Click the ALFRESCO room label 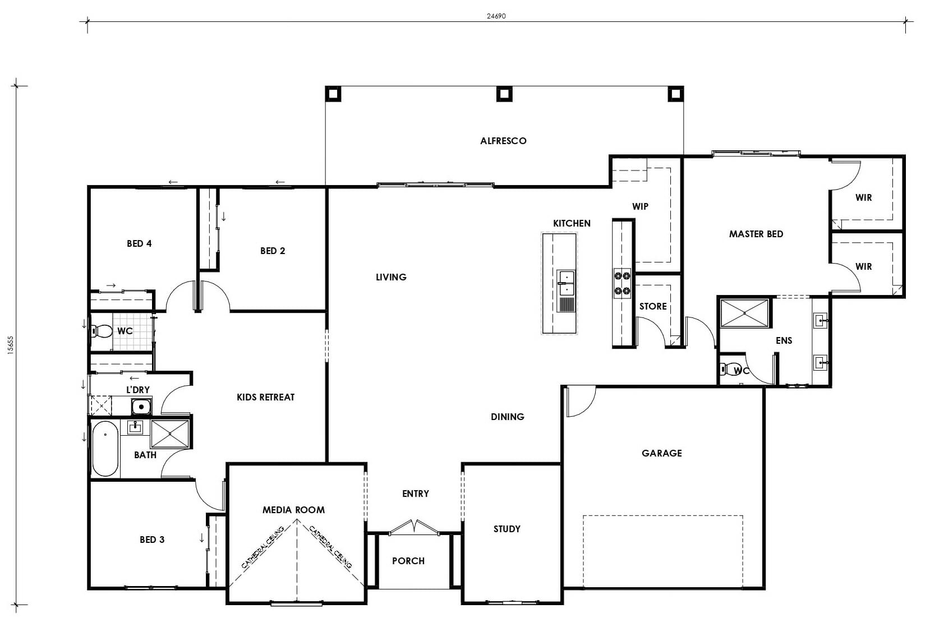[x=503, y=141]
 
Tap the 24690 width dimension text [x=496, y=16]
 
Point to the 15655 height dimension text [x=11, y=345]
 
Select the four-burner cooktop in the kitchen [x=622, y=283]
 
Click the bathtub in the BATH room [x=105, y=449]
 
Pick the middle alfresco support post [x=504, y=94]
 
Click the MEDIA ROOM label [x=293, y=510]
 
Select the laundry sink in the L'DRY [x=141, y=407]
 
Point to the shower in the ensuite [x=744, y=313]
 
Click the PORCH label [x=408, y=561]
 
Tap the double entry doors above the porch [x=414, y=527]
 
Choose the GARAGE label [x=662, y=453]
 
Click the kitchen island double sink [x=566, y=283]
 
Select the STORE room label [x=653, y=306]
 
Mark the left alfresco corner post [x=333, y=94]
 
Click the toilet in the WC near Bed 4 [x=102, y=331]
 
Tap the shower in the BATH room [x=170, y=434]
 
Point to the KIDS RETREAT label [x=266, y=398]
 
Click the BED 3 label [x=152, y=540]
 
